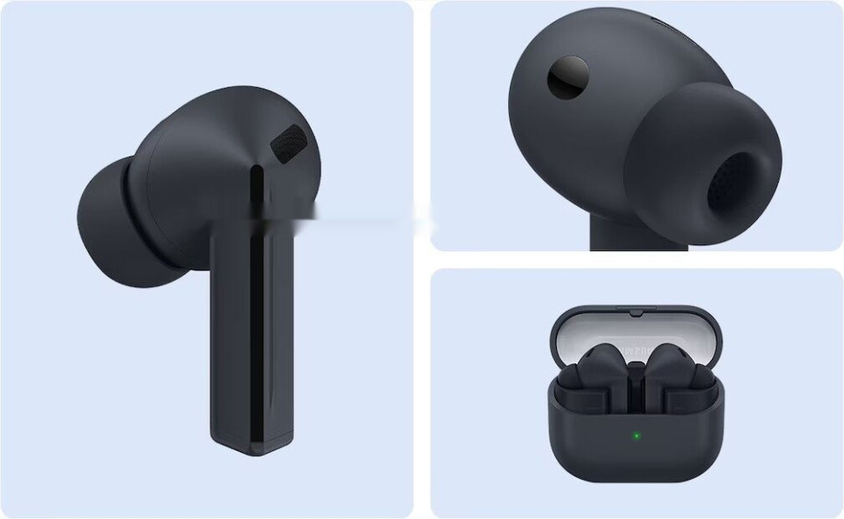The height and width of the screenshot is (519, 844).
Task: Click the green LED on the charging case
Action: (636, 435)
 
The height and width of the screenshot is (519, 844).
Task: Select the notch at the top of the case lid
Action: (635, 309)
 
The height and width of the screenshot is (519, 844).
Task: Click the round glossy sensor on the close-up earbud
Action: (567, 77)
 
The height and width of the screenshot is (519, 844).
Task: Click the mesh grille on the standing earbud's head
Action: (290, 142)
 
